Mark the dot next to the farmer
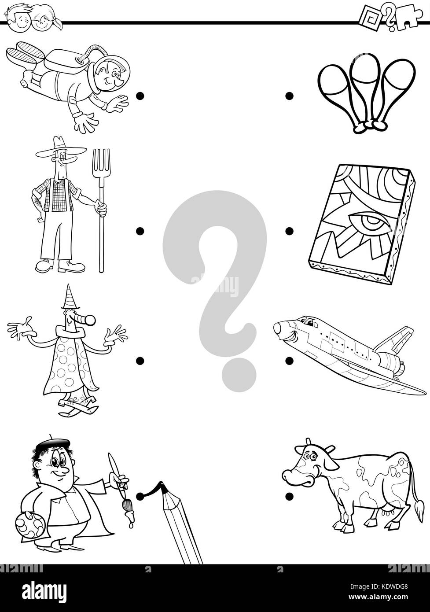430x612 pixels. click(x=140, y=230)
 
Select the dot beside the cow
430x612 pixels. click(x=289, y=497)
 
